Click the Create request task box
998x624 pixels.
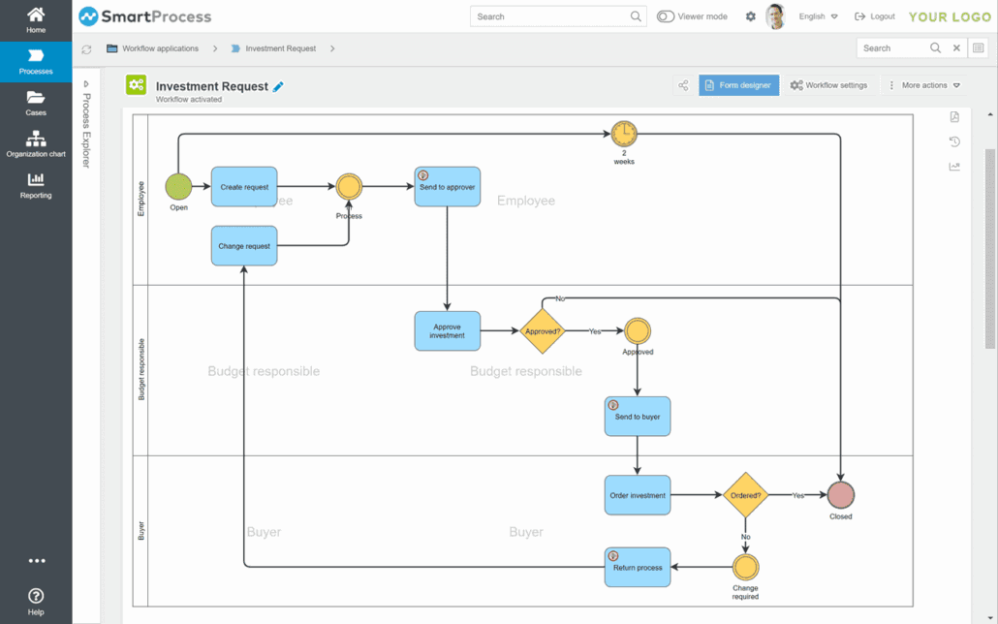244,187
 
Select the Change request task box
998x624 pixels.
244,246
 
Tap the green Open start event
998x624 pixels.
178,186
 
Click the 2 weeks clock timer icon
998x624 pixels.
624,134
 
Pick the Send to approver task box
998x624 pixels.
447,187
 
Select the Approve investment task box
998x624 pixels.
447,331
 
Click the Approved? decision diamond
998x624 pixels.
542,331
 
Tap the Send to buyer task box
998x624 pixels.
638,417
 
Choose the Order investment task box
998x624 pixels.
638,495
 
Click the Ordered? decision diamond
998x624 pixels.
745,495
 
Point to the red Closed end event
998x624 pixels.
841,495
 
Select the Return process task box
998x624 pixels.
638,568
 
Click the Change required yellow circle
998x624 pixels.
745,568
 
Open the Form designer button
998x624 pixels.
738,85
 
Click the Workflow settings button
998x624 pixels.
828,85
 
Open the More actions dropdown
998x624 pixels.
924,85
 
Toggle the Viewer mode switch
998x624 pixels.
666,16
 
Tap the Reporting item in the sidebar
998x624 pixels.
36,185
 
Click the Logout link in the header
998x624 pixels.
874,16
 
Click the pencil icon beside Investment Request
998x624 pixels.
278,87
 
